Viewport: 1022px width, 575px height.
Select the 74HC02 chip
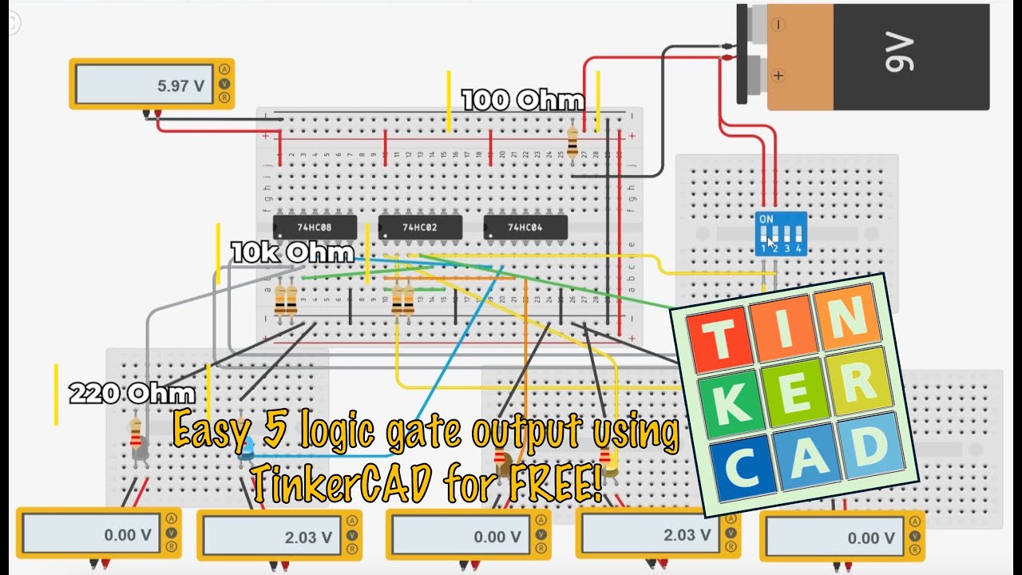click(x=420, y=227)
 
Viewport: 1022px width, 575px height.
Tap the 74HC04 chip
click(x=525, y=227)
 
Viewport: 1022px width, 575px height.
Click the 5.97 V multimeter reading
click(x=180, y=85)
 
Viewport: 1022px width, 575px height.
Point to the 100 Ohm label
click(x=522, y=101)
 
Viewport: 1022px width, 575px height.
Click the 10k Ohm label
click(x=292, y=253)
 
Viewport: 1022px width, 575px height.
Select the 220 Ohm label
click(x=132, y=393)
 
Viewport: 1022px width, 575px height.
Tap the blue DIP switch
click(x=780, y=233)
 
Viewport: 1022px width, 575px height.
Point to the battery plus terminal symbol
click(x=778, y=76)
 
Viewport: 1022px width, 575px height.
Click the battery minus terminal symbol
click(x=778, y=25)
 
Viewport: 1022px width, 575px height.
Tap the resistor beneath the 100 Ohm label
click(x=572, y=141)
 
